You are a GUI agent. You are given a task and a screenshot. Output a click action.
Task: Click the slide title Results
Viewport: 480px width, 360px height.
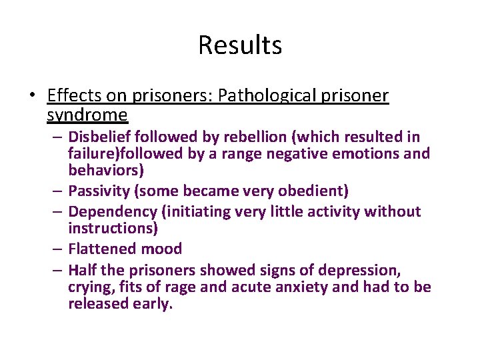point(240,45)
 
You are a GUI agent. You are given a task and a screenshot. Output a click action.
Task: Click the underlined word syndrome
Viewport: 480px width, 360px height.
point(87,115)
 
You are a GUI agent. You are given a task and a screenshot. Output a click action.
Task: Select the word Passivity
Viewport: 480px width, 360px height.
point(99,191)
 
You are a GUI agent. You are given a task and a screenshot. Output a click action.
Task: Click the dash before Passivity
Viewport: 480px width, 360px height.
point(59,191)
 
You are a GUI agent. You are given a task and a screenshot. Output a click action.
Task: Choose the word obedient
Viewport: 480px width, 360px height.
point(309,191)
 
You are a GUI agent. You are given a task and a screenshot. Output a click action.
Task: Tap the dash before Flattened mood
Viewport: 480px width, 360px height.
point(59,249)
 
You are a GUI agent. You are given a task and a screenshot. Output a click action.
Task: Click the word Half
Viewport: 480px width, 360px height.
point(82,270)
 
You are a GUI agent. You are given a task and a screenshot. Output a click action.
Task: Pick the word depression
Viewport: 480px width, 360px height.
point(361,270)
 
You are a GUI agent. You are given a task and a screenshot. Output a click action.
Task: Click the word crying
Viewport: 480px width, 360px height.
point(90,287)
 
